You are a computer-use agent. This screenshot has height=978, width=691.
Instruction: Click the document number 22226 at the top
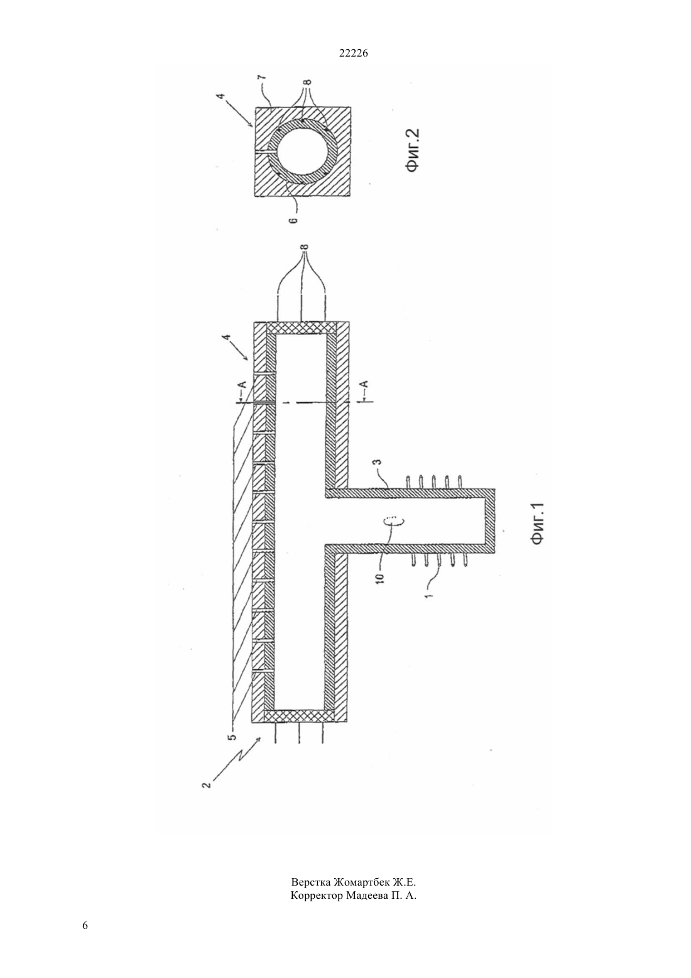click(353, 53)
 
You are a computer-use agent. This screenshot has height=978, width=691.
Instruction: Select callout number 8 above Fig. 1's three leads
click(305, 247)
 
